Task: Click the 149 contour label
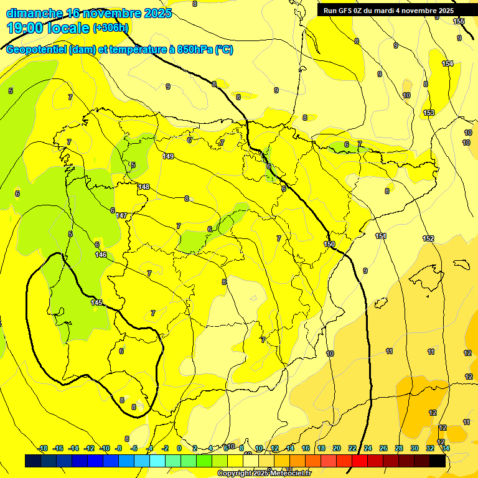168,156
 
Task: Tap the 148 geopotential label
144,187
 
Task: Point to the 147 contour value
121,215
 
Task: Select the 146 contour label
101,255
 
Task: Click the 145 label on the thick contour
96,302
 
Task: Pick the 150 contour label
330,244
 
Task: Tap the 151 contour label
381,236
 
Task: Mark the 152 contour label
428,238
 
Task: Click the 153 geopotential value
429,113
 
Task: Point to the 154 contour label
448,63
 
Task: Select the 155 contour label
459,22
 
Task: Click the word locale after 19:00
68,28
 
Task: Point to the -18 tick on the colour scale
43,448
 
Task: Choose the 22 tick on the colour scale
352,448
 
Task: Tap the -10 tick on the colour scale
105,448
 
